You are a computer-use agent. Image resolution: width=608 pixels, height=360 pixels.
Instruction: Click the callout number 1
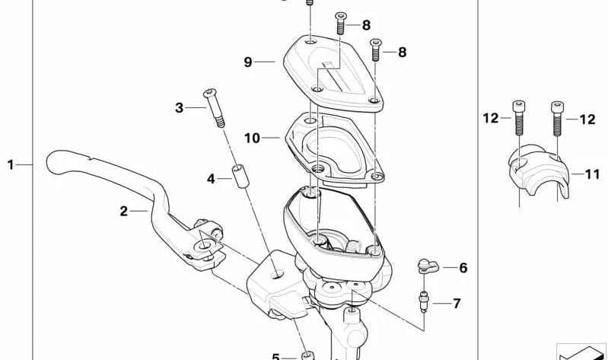pos(11,164)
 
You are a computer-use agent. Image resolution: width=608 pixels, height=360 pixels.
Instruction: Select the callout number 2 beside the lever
pos(123,212)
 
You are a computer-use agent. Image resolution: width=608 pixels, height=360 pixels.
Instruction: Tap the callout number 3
pos(180,108)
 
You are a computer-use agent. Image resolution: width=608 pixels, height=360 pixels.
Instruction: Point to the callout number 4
pos(211,179)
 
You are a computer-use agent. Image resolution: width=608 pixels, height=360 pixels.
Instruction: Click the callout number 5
pos(276,355)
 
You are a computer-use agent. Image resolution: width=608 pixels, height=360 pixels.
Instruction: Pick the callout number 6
pos(463,268)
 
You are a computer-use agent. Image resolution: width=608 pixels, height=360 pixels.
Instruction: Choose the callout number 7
pos(456,304)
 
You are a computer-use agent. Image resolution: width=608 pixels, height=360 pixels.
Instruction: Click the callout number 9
pos(248,62)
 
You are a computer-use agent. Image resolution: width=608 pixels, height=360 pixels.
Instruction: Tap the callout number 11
pos(592,174)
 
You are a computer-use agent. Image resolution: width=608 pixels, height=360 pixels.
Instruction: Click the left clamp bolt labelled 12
pos(518,124)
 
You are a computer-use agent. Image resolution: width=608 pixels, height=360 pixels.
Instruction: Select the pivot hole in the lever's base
pos(205,245)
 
